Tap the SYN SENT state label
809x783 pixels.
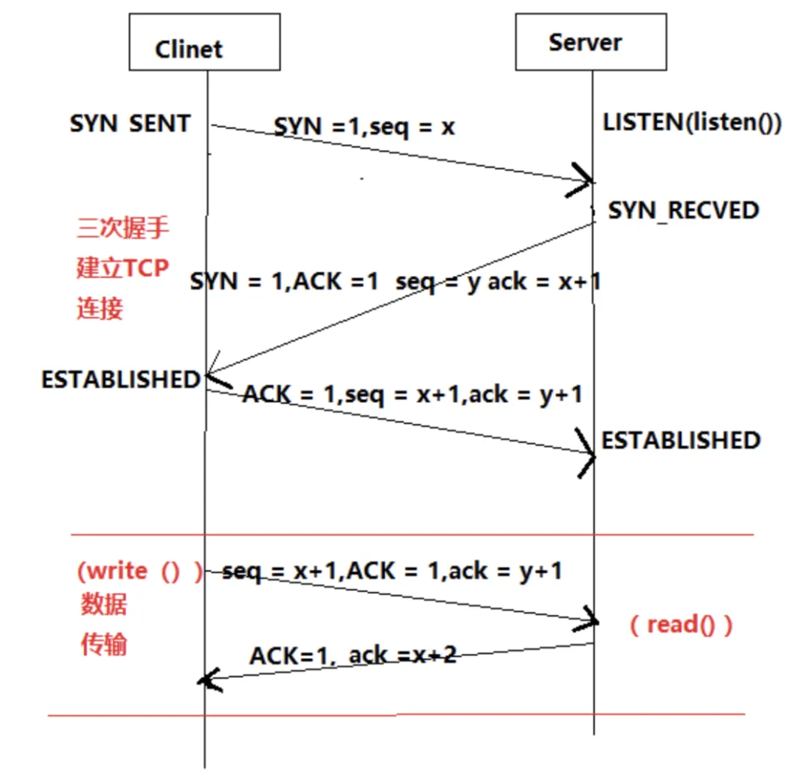[x=130, y=124]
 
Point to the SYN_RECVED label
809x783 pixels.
[x=683, y=211]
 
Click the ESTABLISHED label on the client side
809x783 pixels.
[x=121, y=380]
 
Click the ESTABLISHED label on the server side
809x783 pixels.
[x=681, y=440]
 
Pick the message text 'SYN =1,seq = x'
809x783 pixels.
[x=364, y=127]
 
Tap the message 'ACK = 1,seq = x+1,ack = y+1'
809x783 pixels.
[x=411, y=394]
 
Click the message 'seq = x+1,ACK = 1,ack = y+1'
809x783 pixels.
[x=393, y=571]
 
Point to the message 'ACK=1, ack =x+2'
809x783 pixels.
[x=353, y=656]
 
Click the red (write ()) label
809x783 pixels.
[x=139, y=571]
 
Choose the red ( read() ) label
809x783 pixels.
[x=680, y=624]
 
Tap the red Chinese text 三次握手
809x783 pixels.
[x=124, y=227]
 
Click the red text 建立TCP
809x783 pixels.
[x=123, y=267]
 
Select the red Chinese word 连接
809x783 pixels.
[x=100, y=308]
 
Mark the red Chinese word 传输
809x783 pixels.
[x=103, y=644]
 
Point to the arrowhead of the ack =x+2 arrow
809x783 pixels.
[x=206, y=680]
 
